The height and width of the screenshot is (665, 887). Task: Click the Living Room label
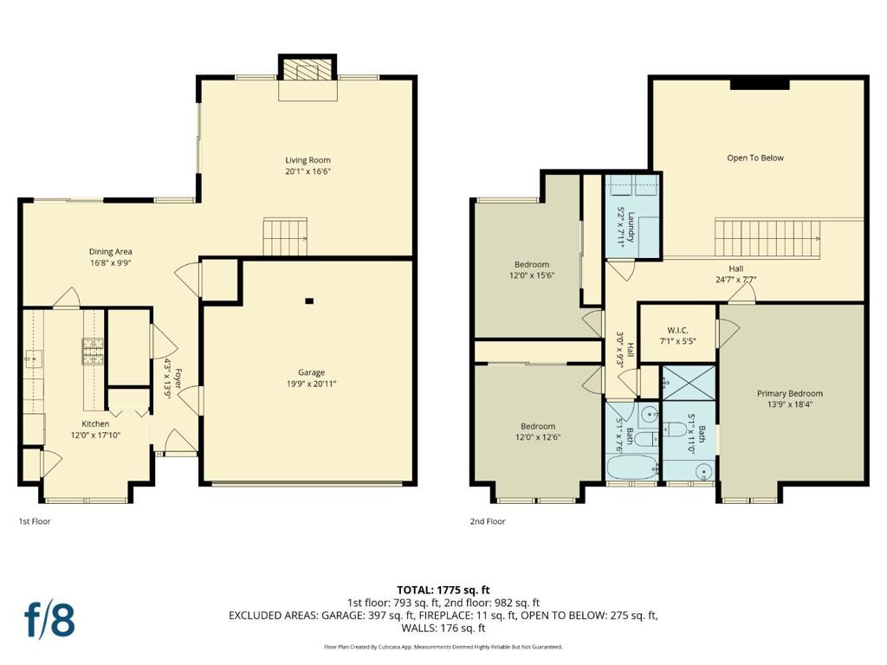308,160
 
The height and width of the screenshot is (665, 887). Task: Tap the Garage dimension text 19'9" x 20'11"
311,384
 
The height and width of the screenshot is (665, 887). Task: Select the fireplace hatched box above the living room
308,69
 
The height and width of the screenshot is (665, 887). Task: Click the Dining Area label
110,252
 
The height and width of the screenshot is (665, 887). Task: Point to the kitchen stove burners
94,351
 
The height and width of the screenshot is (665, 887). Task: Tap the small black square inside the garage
309,301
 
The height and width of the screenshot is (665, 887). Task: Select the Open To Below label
755,158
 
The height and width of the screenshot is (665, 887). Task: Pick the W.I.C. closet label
677,330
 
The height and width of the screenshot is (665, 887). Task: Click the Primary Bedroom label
790,394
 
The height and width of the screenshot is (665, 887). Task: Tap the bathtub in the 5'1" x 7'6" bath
631,468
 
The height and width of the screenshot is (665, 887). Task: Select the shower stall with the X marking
689,383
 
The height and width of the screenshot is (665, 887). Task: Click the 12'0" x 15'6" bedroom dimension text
532,275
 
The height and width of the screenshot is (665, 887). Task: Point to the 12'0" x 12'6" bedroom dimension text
538,437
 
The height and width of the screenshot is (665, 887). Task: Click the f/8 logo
49,620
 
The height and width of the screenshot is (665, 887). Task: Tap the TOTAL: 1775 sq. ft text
443,591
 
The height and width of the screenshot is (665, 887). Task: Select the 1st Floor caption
35,521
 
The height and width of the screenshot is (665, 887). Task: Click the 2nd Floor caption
488,521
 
